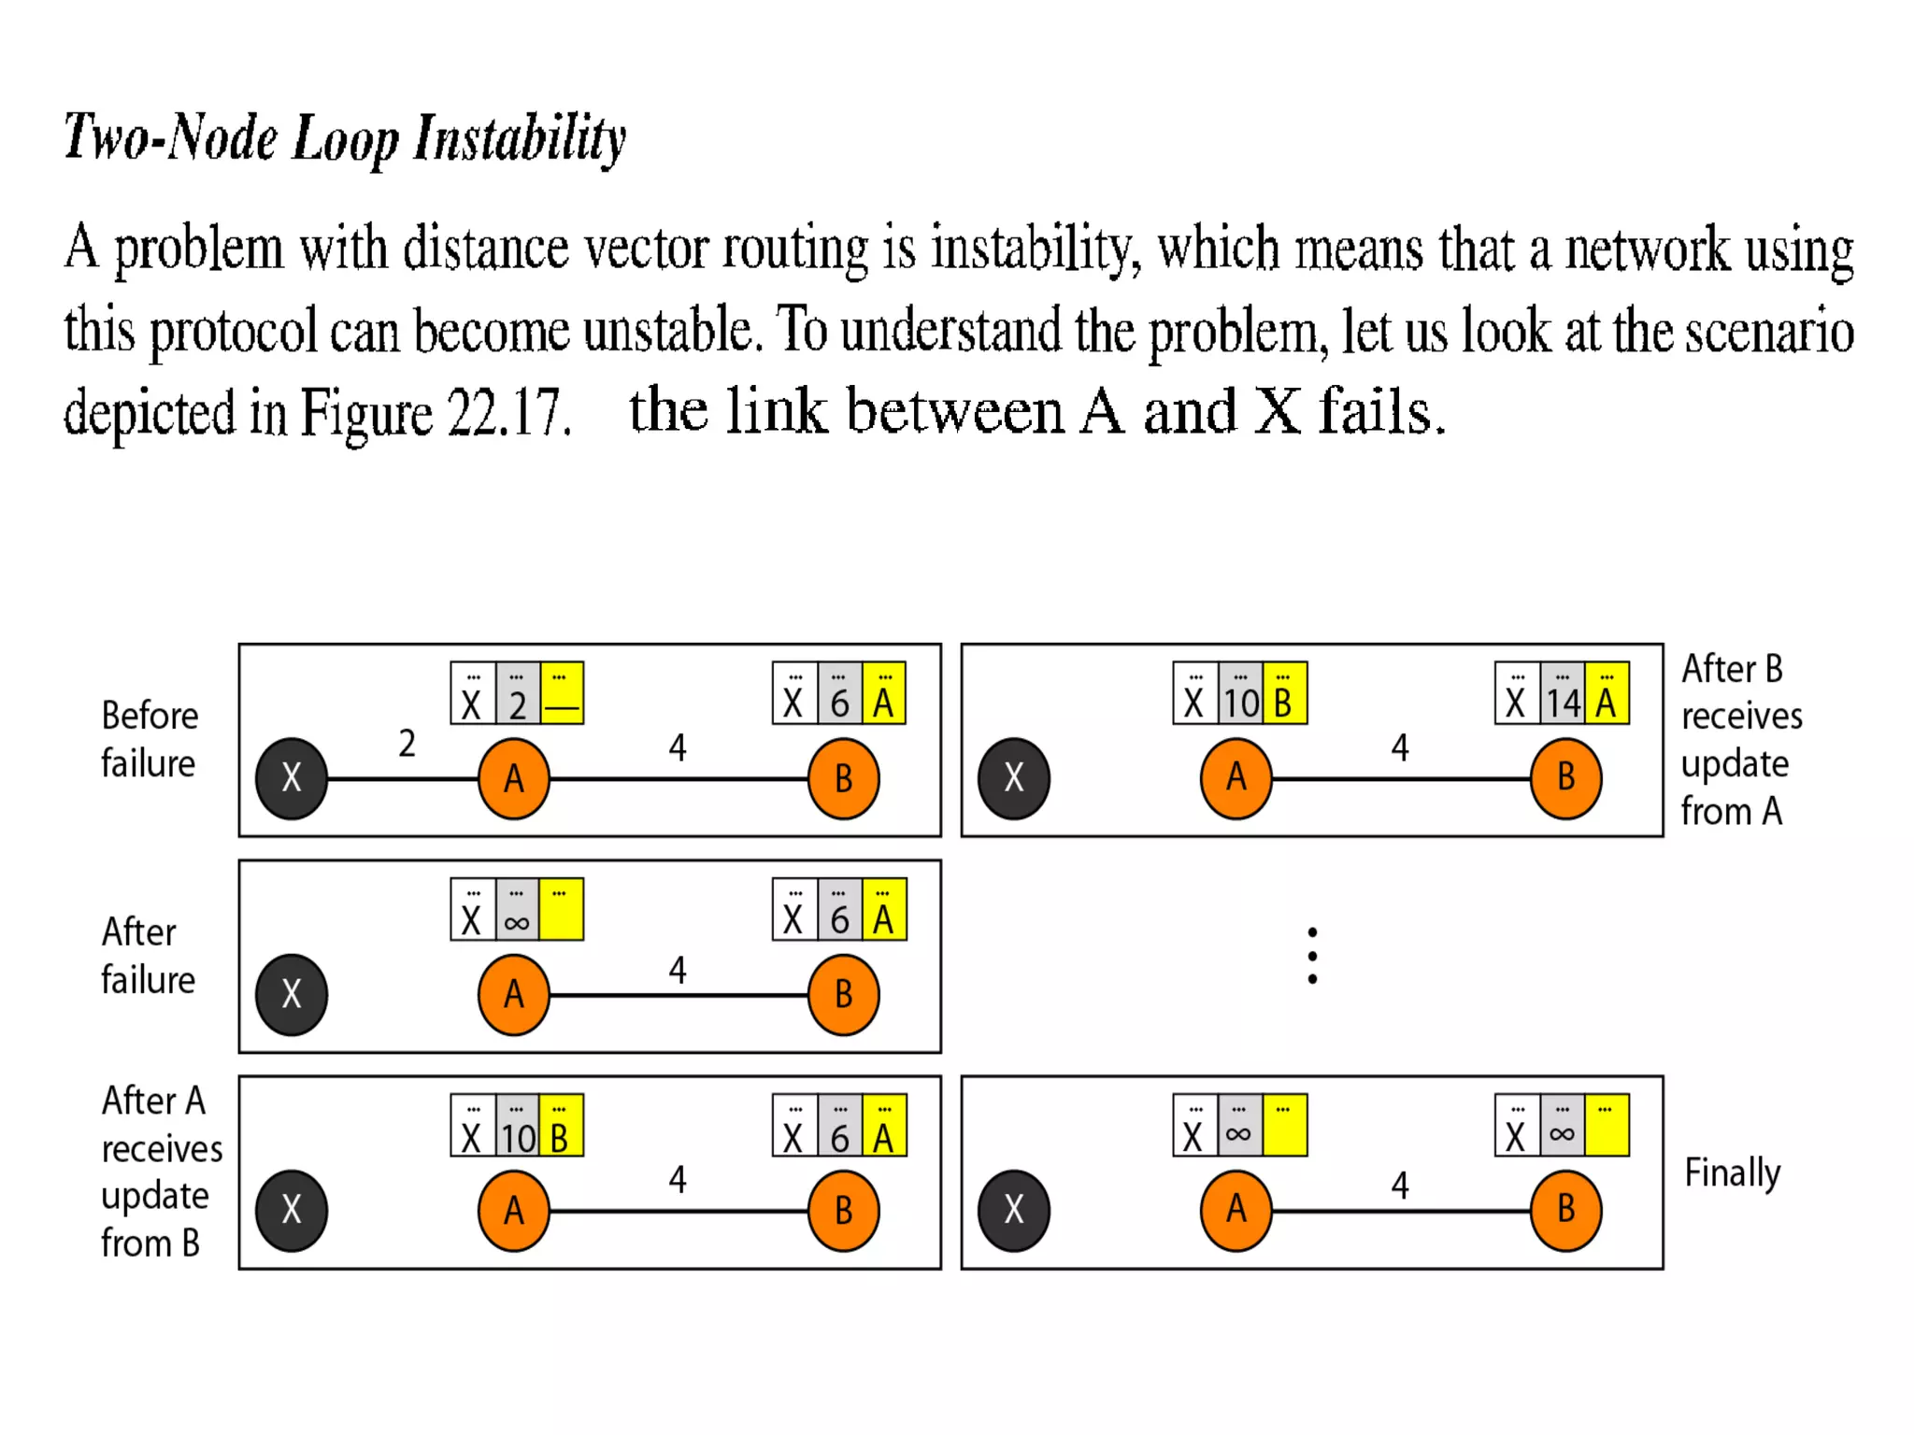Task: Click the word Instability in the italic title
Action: (520, 138)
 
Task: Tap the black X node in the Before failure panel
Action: (292, 778)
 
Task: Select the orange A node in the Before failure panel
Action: (513, 778)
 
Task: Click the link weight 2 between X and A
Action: (407, 744)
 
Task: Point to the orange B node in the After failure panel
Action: (843, 994)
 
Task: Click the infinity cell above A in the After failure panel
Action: (517, 911)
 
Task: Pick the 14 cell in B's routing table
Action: (1563, 694)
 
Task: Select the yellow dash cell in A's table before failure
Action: (562, 694)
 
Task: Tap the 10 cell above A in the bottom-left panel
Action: (517, 1127)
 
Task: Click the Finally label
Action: (1732, 1172)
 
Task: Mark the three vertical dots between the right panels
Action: (1312, 955)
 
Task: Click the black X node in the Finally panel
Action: (1014, 1210)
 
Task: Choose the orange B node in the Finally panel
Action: (1565, 1210)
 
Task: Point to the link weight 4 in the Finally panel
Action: (1399, 1186)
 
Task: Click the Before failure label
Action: (150, 739)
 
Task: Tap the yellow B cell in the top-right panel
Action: (1284, 694)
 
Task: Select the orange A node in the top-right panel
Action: (1236, 778)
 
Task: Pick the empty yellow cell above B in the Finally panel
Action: (1607, 1127)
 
